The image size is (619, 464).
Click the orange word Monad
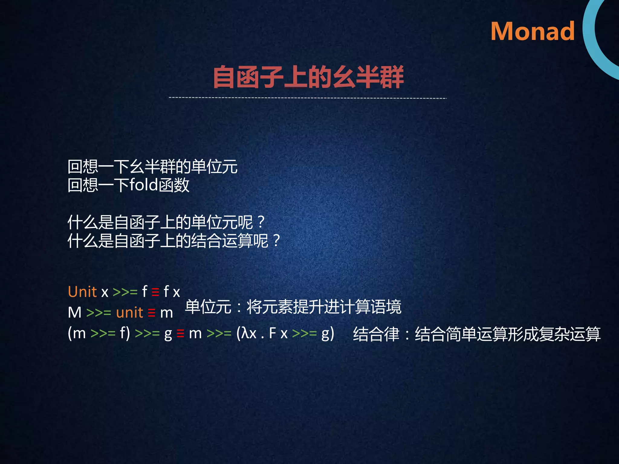click(x=532, y=31)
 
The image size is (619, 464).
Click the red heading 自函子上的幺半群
click(x=308, y=77)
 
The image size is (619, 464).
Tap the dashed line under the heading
click(x=308, y=98)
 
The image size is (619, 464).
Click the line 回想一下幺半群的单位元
click(x=152, y=167)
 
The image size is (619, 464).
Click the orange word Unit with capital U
click(x=82, y=292)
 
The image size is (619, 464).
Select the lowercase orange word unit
click(x=129, y=312)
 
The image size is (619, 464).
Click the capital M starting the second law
click(x=75, y=313)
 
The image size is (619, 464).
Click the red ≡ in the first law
click(x=155, y=292)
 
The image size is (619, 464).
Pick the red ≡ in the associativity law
click(x=180, y=333)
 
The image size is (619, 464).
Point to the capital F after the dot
click(x=272, y=333)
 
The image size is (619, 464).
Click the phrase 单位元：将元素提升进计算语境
click(x=293, y=307)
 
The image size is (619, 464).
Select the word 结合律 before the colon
click(x=376, y=334)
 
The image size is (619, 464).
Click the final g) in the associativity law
click(x=328, y=334)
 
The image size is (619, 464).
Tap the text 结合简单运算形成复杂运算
click(x=507, y=334)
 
